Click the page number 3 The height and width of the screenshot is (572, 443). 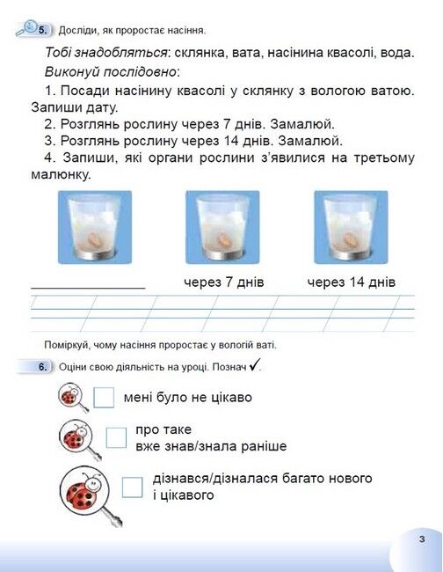pyautogui.click(x=422, y=539)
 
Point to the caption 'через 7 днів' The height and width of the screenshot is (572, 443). pyautogui.click(x=224, y=282)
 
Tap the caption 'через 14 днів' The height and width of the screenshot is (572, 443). pyautogui.click(x=352, y=282)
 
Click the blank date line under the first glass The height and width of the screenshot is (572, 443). pyautogui.click(x=88, y=288)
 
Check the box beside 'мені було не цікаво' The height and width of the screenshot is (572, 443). pyautogui.click(x=104, y=398)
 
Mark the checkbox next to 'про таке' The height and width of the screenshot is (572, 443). pyautogui.click(x=116, y=437)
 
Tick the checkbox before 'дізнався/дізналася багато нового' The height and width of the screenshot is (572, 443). pyautogui.click(x=133, y=487)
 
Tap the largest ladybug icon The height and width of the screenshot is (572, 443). pyautogui.click(x=87, y=492)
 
